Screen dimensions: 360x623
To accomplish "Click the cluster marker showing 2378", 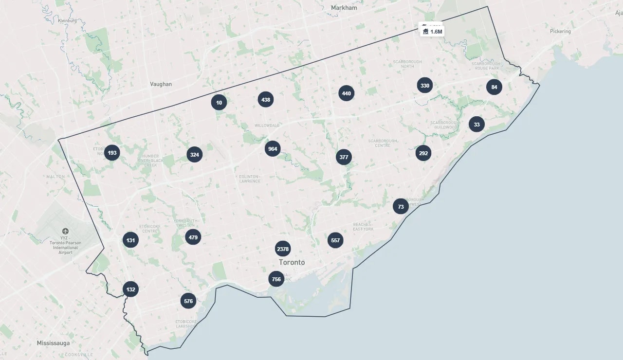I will [283, 249].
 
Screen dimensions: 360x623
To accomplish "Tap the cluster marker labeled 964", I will [273, 149].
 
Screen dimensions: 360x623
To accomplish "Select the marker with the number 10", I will [219, 103].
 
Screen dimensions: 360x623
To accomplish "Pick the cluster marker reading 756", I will [276, 279].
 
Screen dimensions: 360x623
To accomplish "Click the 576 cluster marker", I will [188, 301].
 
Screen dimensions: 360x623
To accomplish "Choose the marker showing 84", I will [494, 88].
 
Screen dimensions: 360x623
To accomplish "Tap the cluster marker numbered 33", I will [476, 125].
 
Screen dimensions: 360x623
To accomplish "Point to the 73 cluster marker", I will [401, 207].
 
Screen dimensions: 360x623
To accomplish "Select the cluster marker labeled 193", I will [112, 153].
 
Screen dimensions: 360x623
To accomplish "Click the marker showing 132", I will [130, 289].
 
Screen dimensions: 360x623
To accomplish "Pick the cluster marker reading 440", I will [346, 93].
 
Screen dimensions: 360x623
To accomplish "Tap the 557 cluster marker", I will [335, 240].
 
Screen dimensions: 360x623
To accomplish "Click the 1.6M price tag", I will [432, 32].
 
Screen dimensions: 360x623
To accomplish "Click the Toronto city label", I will [292, 263].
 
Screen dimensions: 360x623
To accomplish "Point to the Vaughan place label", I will [161, 84].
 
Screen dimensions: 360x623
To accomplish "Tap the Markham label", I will [344, 8].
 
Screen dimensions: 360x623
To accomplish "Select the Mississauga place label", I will [53, 343].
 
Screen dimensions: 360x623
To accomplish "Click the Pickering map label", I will [560, 31].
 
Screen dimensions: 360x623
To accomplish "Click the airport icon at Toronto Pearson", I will [65, 231].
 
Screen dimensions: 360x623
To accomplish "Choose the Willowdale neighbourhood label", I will [267, 126].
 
